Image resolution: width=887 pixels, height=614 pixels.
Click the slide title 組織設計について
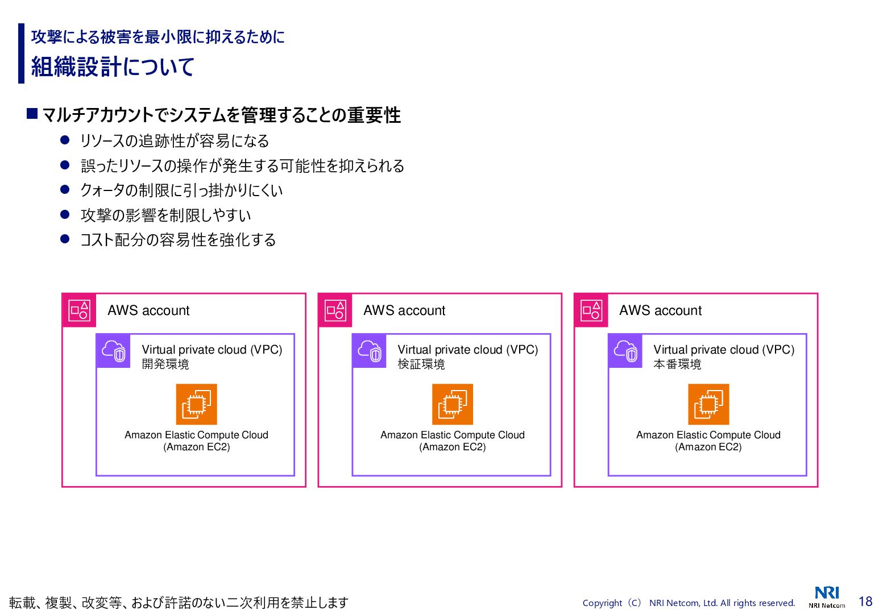(113, 67)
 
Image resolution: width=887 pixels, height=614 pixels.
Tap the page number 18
(865, 601)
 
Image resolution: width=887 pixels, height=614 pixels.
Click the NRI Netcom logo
(827, 597)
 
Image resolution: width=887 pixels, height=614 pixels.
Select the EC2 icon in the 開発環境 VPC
(197, 404)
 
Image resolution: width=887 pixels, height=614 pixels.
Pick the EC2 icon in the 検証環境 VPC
(453, 404)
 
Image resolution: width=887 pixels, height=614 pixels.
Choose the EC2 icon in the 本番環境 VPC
(708, 404)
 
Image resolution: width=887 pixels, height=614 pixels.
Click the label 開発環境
(165, 364)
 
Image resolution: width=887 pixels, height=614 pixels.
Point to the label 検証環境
(421, 364)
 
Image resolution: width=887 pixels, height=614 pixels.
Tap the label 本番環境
(677, 364)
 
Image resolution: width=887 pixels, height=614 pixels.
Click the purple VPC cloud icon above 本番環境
(625, 351)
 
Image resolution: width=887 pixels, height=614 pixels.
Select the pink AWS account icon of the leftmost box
(79, 310)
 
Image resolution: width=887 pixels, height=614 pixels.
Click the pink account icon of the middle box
(335, 310)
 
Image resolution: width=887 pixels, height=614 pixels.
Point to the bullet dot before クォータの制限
(65, 189)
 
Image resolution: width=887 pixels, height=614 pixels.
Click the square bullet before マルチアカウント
(32, 114)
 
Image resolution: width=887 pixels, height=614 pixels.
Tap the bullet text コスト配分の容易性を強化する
(178, 240)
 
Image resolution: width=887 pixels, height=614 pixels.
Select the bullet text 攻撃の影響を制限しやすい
(165, 215)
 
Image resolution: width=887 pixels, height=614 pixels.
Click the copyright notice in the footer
(689, 603)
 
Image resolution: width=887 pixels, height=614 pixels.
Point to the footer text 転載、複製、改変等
(179, 603)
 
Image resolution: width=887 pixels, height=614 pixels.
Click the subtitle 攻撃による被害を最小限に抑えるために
(157, 37)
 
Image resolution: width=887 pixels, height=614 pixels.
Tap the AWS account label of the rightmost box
(660, 310)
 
